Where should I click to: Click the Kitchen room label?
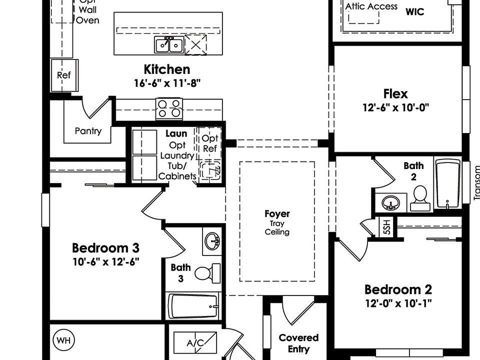[x=167, y=69]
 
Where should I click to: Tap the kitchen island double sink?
[x=168, y=45]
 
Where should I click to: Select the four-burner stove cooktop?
[x=169, y=108]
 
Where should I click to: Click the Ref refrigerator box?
[x=64, y=75]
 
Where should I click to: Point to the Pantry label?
[x=88, y=131]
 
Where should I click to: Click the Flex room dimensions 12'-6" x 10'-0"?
[x=396, y=107]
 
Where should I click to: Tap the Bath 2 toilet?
[x=419, y=198]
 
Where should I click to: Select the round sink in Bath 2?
[x=390, y=202]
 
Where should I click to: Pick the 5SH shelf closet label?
[x=386, y=228]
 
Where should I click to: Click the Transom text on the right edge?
[x=476, y=183]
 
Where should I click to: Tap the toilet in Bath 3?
[x=206, y=273]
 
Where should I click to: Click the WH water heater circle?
[x=63, y=340]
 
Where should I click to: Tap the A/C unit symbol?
[x=195, y=343]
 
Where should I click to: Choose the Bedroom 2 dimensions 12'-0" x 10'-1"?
[x=398, y=302]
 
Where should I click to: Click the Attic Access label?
[x=371, y=6]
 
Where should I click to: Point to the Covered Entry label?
[x=298, y=343]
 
